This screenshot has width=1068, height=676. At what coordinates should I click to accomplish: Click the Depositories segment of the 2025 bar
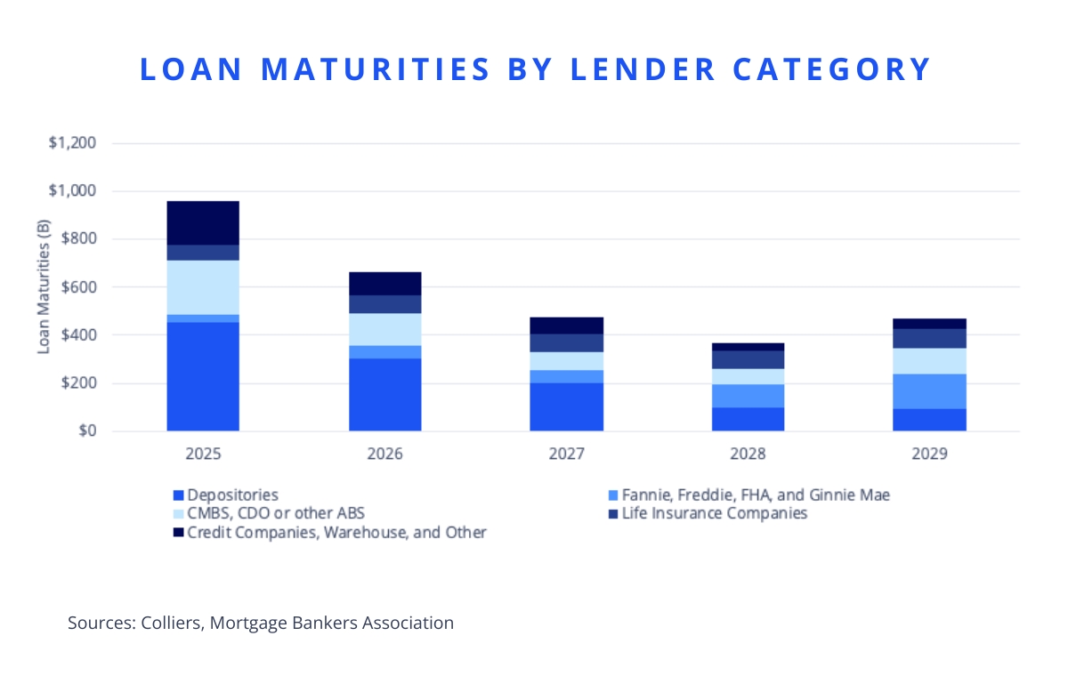[x=203, y=376]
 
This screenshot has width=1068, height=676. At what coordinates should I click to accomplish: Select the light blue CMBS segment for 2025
[x=203, y=286]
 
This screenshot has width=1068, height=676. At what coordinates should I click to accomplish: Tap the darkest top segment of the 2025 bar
[x=203, y=222]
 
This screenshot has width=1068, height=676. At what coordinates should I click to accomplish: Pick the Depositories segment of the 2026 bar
[x=384, y=394]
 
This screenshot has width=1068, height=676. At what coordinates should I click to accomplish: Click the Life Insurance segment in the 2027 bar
[x=566, y=342]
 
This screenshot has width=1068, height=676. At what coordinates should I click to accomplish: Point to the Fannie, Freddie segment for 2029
[x=929, y=391]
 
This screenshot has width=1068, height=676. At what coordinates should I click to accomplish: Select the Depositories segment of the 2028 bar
[x=748, y=419]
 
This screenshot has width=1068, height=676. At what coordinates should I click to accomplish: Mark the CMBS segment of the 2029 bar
[x=929, y=360]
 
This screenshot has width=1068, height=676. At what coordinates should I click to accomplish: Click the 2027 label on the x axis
[x=566, y=455]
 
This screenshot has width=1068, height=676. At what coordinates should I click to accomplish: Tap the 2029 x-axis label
[x=929, y=455]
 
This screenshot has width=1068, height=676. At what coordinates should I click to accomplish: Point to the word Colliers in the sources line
[x=172, y=623]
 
